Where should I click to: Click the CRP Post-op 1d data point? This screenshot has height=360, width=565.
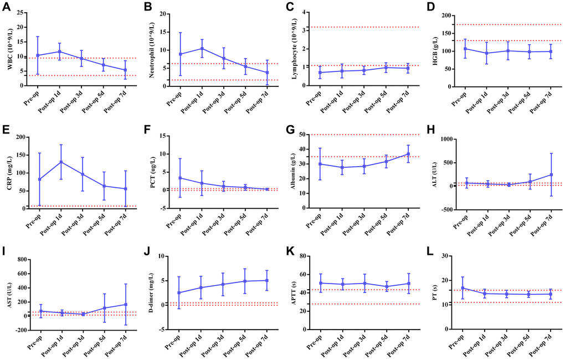(60, 162)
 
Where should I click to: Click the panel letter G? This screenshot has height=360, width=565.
(290, 130)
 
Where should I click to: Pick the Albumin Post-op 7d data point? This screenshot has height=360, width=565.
(408, 154)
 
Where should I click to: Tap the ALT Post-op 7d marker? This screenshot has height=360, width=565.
(551, 174)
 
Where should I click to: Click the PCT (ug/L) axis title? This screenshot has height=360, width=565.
(150, 171)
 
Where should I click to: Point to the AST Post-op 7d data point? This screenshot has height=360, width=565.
(125, 304)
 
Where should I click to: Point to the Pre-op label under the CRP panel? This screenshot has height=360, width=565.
(33, 220)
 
